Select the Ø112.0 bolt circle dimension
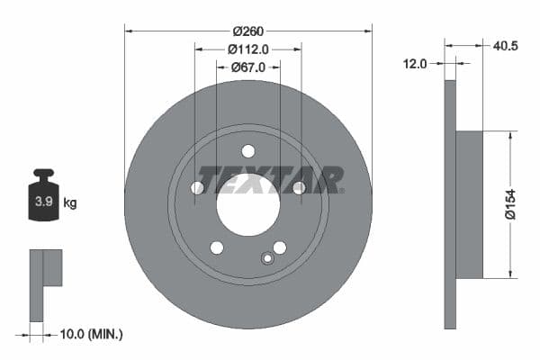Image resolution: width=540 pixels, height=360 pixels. tap(248, 49)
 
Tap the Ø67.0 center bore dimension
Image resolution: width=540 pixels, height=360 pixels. tap(248, 67)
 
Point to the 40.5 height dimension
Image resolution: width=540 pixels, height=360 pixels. tap(504, 42)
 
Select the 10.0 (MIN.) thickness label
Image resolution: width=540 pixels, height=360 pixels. tap(90, 334)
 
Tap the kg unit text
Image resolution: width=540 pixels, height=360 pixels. tap(70, 203)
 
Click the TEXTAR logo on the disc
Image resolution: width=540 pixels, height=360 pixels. tap(271, 179)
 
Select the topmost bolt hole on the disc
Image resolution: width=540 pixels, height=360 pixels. tap(248, 150)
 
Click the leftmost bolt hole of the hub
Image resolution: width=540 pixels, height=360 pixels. tap(197, 187)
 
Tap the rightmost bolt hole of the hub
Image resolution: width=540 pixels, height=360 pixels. tap(299, 187)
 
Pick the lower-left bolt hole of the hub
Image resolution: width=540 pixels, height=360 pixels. tap(216, 247)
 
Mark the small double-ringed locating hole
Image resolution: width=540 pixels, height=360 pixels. tap(266, 259)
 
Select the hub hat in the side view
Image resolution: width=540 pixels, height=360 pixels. tap(469, 203)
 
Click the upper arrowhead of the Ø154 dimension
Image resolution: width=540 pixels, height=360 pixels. tap(512, 136)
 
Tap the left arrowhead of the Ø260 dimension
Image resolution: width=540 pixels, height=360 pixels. tap(129, 31)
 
